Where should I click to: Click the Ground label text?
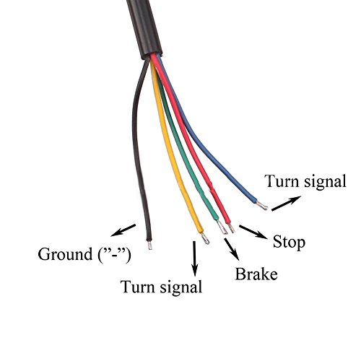coord(84,255)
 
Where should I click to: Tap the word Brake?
coord(256,274)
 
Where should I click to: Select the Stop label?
coord(289,243)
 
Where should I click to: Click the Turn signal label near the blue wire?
coord(305,181)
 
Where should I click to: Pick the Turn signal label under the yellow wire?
coord(162,287)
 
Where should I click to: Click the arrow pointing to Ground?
coord(123,230)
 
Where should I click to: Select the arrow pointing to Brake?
coord(232,249)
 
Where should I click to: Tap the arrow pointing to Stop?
coord(253,232)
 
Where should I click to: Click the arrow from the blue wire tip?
coord(286,204)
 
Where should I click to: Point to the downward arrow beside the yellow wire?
coord(194,258)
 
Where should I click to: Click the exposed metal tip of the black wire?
coord(149,245)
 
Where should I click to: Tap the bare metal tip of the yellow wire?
coord(205,238)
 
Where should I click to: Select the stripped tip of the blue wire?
coord(262,206)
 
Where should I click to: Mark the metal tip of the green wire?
coord(222,227)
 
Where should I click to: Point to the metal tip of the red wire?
coord(232,228)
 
